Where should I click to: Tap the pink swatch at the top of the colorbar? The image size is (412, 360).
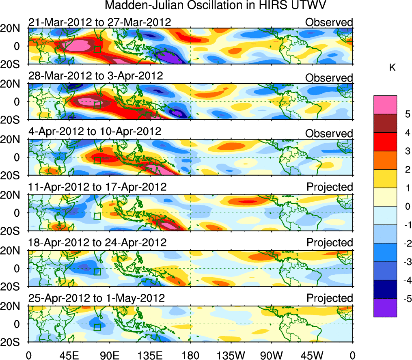click(385, 105)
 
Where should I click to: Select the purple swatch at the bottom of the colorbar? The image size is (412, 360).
click(385, 308)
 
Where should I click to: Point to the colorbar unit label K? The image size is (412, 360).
click(393, 68)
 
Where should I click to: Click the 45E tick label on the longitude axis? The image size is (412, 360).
click(69, 355)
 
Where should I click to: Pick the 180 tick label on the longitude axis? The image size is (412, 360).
click(190, 355)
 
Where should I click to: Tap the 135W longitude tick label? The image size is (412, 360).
click(231, 355)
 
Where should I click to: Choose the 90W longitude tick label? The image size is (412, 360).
click(272, 355)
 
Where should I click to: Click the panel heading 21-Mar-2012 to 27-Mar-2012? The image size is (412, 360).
click(99, 22)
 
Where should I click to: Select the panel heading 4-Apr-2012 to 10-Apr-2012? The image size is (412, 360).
click(95, 132)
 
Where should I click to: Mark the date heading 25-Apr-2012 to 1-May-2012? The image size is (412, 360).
click(96, 298)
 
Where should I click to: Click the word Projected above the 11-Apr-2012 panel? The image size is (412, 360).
click(330, 187)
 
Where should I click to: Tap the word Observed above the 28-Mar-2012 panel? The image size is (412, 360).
click(329, 78)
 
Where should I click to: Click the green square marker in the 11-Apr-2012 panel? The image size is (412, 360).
click(97, 216)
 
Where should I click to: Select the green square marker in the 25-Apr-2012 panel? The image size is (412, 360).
click(97, 327)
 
